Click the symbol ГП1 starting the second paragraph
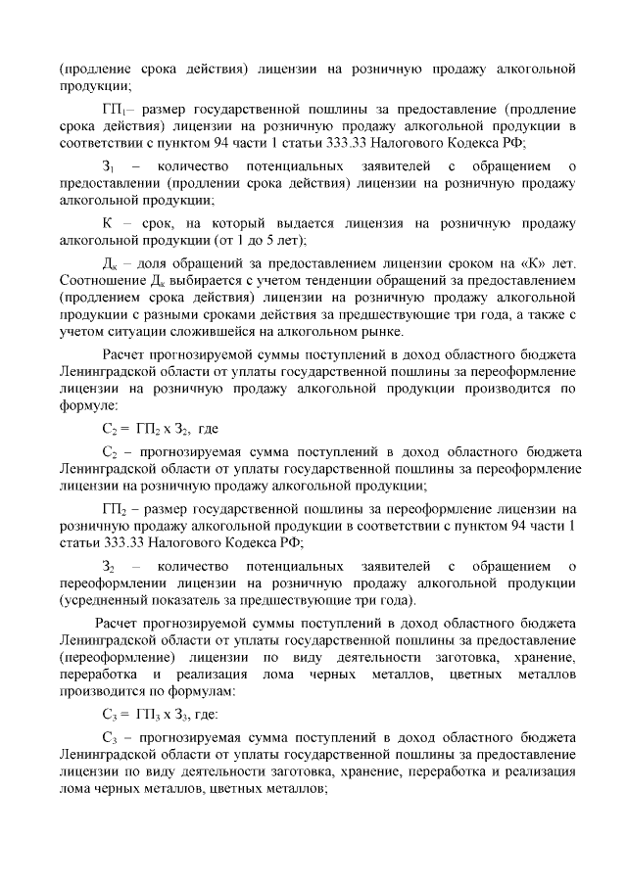click(x=114, y=108)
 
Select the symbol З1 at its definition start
click(x=109, y=167)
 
